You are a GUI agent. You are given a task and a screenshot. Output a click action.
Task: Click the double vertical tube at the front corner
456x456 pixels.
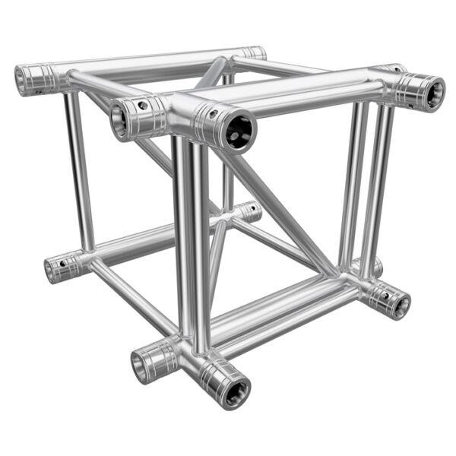190,243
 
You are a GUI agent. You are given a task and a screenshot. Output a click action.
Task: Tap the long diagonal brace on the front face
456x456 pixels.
281,213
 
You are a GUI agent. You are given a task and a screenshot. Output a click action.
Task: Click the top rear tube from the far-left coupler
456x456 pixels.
137,63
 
